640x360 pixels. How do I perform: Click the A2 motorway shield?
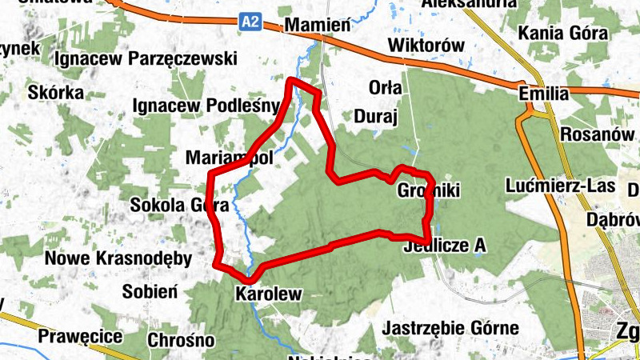coord(250,23)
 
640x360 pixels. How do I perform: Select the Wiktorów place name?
coord(426,46)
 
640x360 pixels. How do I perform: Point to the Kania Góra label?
coord(563,33)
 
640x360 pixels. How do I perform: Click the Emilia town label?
coord(544,94)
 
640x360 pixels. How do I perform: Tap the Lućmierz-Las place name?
coord(560,186)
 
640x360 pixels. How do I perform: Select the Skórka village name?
coord(55,92)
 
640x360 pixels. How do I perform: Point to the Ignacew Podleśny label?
coord(206,105)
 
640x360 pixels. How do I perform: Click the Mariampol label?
coord(229,158)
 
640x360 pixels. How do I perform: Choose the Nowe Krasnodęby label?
coord(118,258)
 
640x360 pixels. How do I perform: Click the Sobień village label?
coord(150,291)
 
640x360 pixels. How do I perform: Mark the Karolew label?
coord(269,294)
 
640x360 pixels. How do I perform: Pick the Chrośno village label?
coord(181,340)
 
